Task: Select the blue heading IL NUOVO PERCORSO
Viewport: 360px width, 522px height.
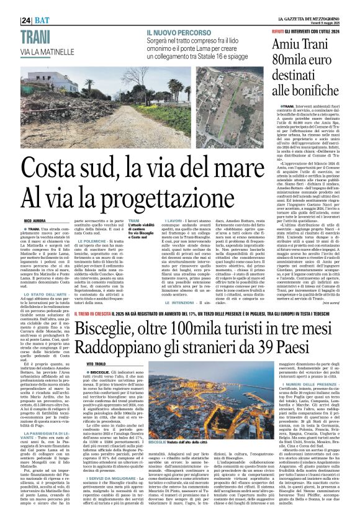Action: point(178,32)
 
